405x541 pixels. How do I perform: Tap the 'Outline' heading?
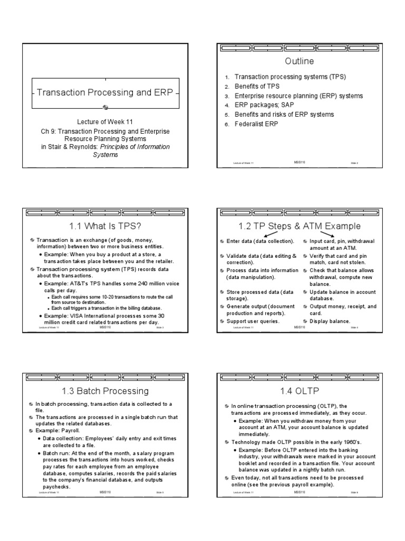(x=298, y=61)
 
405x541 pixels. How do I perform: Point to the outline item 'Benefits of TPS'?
(x=257, y=86)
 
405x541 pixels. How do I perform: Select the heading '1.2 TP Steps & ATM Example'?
(x=298, y=226)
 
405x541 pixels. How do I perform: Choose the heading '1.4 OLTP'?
(x=298, y=391)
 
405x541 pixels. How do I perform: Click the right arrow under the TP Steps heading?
(x=326, y=235)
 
